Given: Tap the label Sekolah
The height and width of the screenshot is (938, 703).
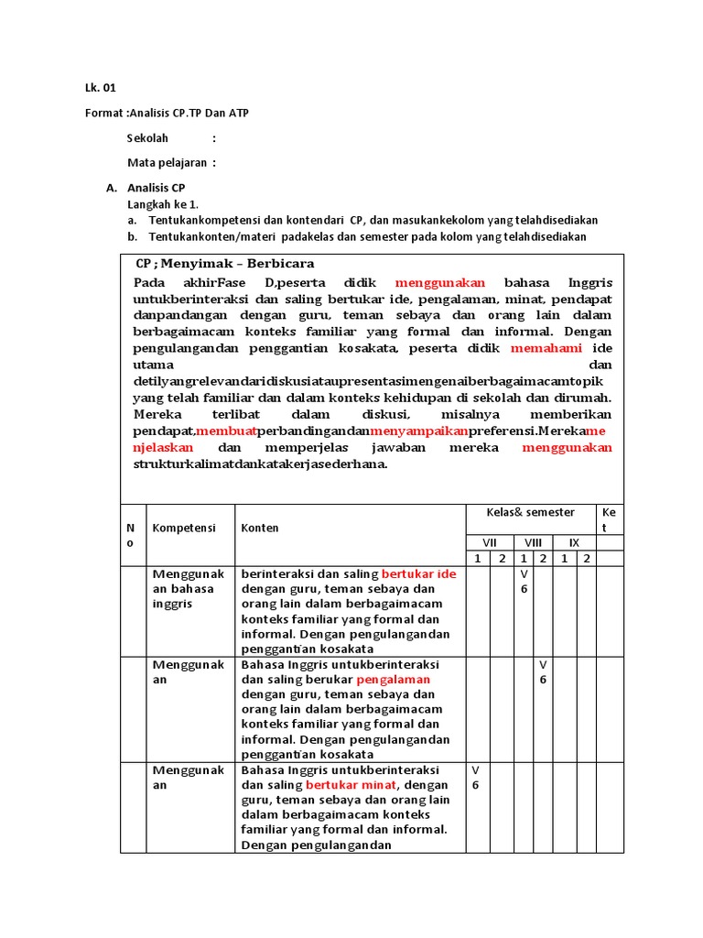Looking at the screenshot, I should point(148,138).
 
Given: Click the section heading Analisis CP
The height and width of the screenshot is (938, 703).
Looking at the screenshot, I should point(156,188).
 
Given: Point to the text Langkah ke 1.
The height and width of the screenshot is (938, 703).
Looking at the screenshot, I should point(162,203).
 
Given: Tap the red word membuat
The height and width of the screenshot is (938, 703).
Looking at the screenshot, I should point(225,431).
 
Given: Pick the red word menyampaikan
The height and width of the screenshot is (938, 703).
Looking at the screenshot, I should point(418,431).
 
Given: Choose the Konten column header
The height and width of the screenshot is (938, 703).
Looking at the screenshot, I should point(260,528).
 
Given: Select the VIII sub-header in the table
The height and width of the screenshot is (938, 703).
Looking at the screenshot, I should point(532,542).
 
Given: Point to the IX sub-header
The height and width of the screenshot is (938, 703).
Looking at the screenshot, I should point(574,542).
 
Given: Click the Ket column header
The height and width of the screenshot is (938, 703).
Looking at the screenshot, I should point(610,518).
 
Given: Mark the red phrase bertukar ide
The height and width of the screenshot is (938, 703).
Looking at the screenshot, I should point(418,573).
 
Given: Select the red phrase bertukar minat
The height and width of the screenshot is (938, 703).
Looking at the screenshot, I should point(351,785).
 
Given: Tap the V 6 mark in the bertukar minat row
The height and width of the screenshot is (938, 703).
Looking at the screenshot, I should point(476,778).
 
